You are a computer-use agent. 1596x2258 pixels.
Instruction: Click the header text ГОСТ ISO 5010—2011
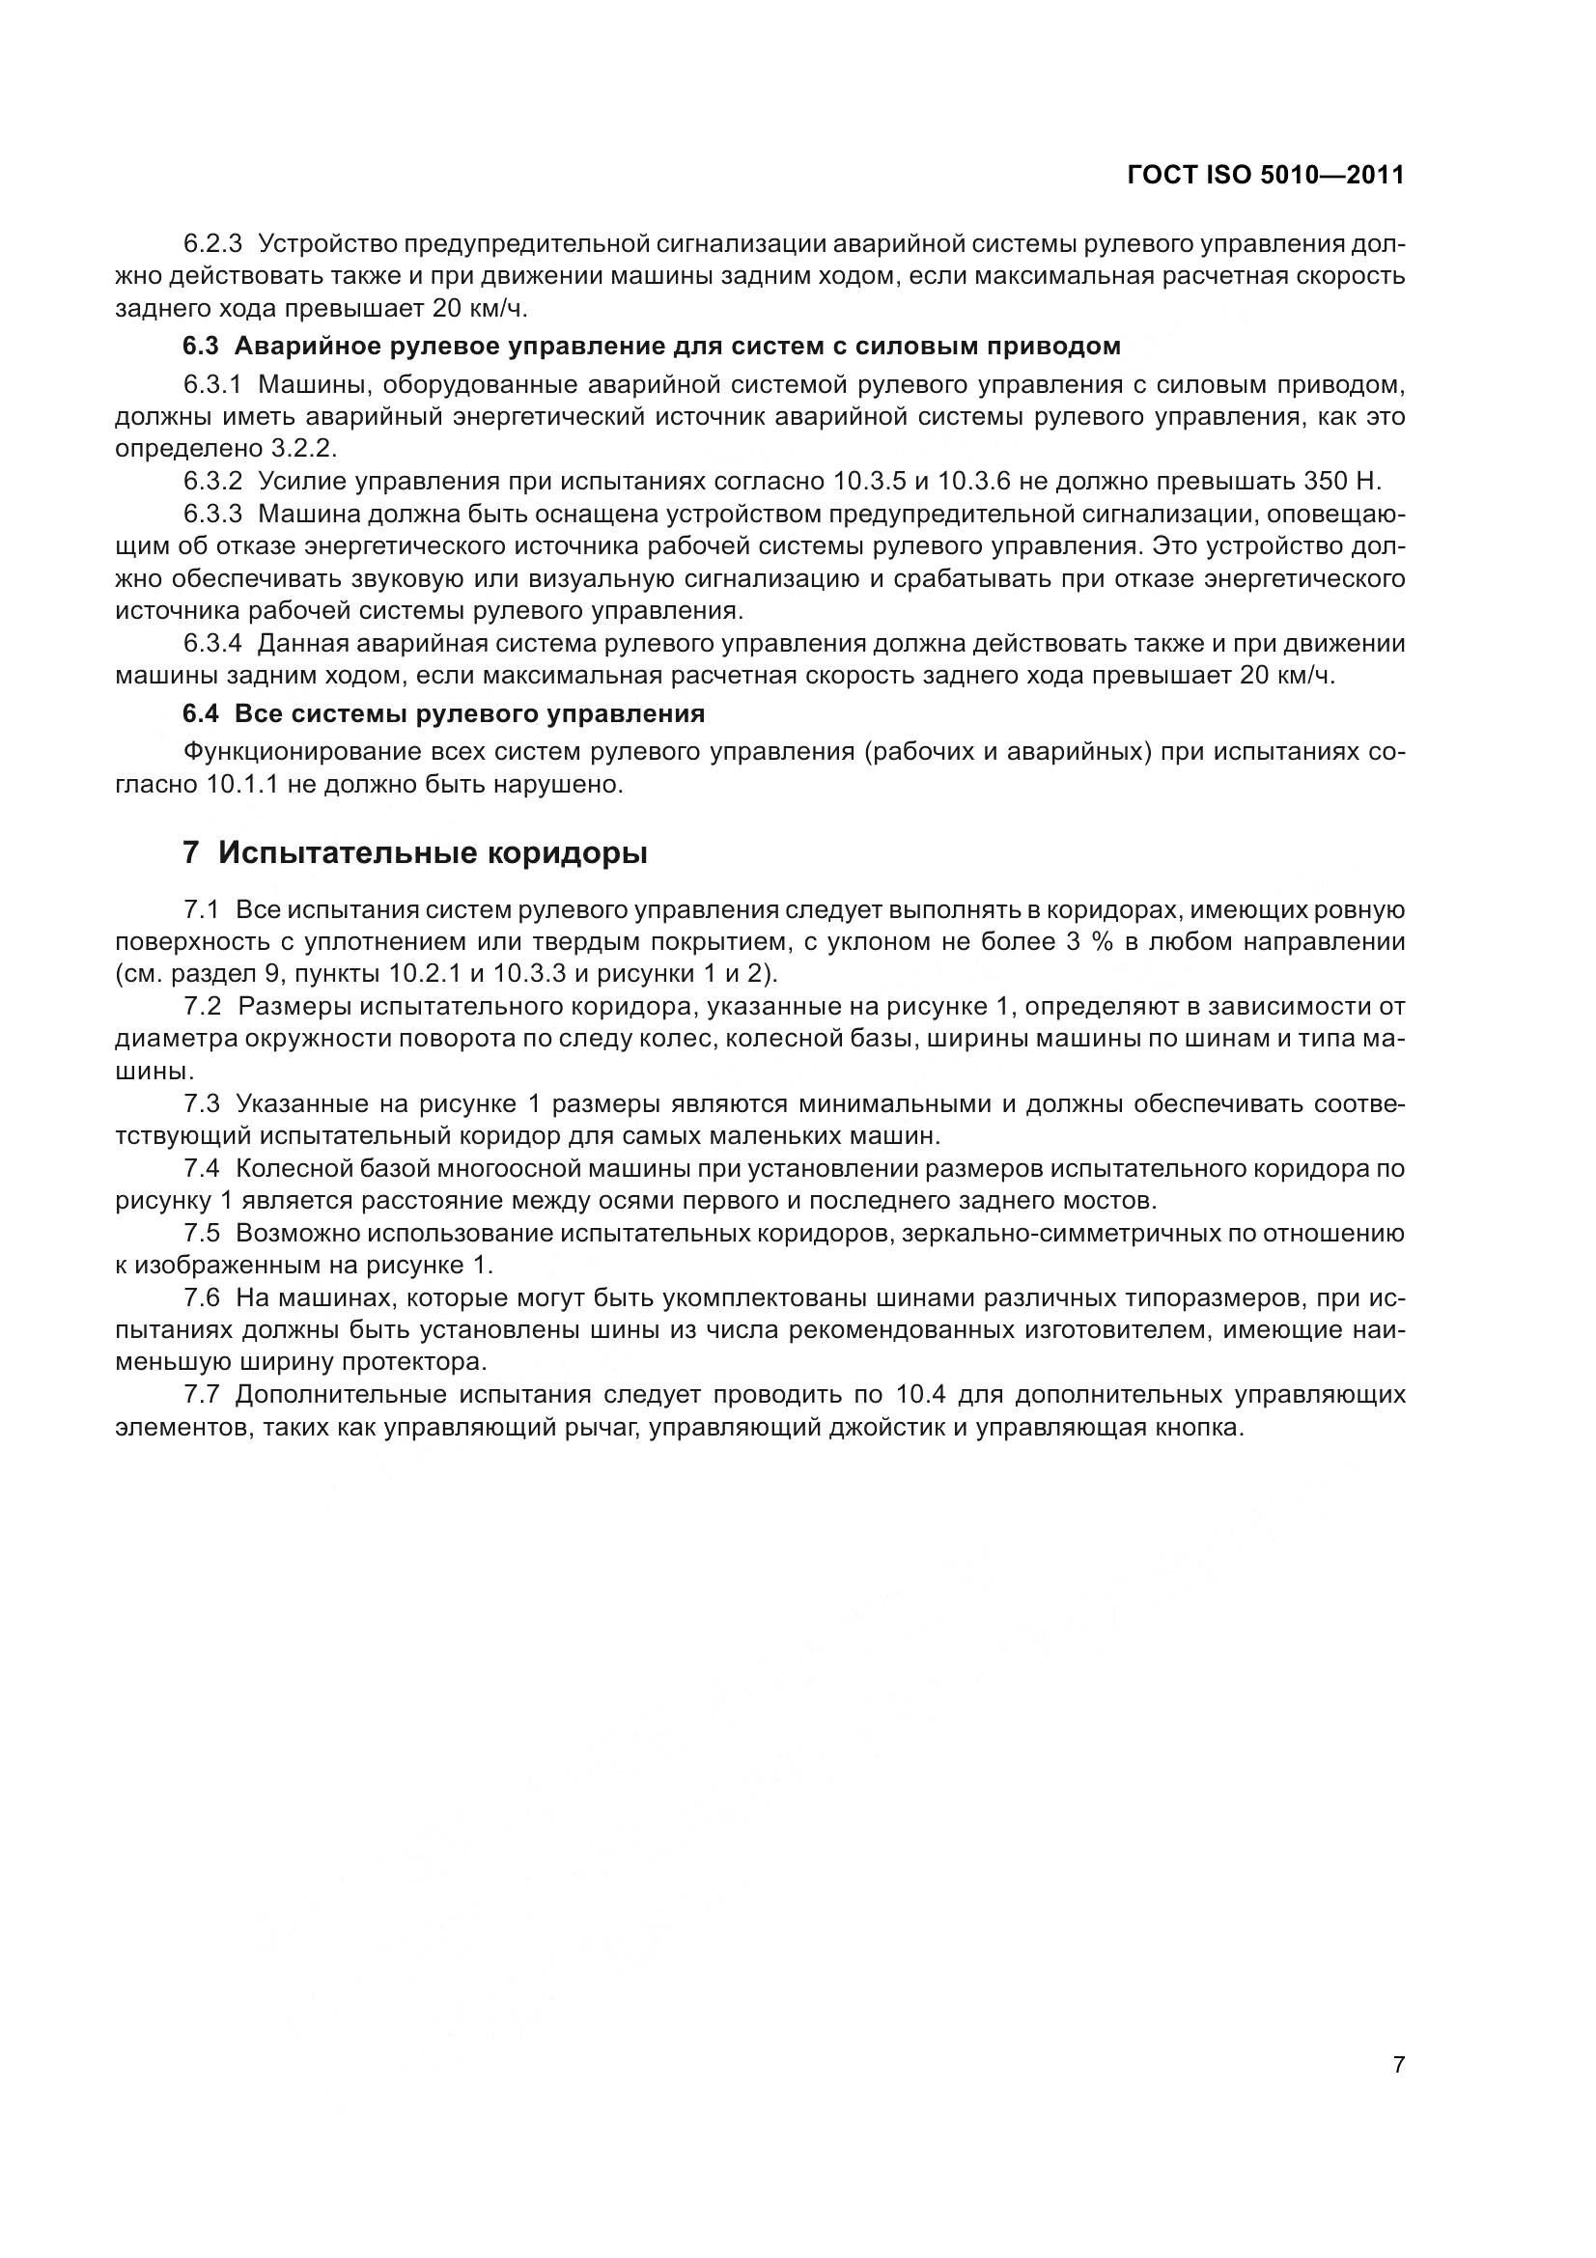pos(1265,175)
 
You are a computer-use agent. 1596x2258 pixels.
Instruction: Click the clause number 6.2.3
pos(212,243)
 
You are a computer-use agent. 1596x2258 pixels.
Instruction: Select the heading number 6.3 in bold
pos(201,347)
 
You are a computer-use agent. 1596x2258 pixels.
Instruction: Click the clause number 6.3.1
pos(212,383)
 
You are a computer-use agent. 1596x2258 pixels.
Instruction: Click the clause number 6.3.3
pos(212,515)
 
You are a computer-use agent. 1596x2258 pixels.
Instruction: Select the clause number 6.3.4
pos(212,644)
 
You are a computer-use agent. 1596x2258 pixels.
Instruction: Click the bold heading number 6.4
pos(201,714)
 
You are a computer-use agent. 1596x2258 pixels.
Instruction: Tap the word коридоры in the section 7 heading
pos(567,853)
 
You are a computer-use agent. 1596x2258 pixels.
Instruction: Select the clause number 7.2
pos(204,1006)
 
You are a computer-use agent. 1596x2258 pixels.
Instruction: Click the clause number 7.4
pos(204,1169)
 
